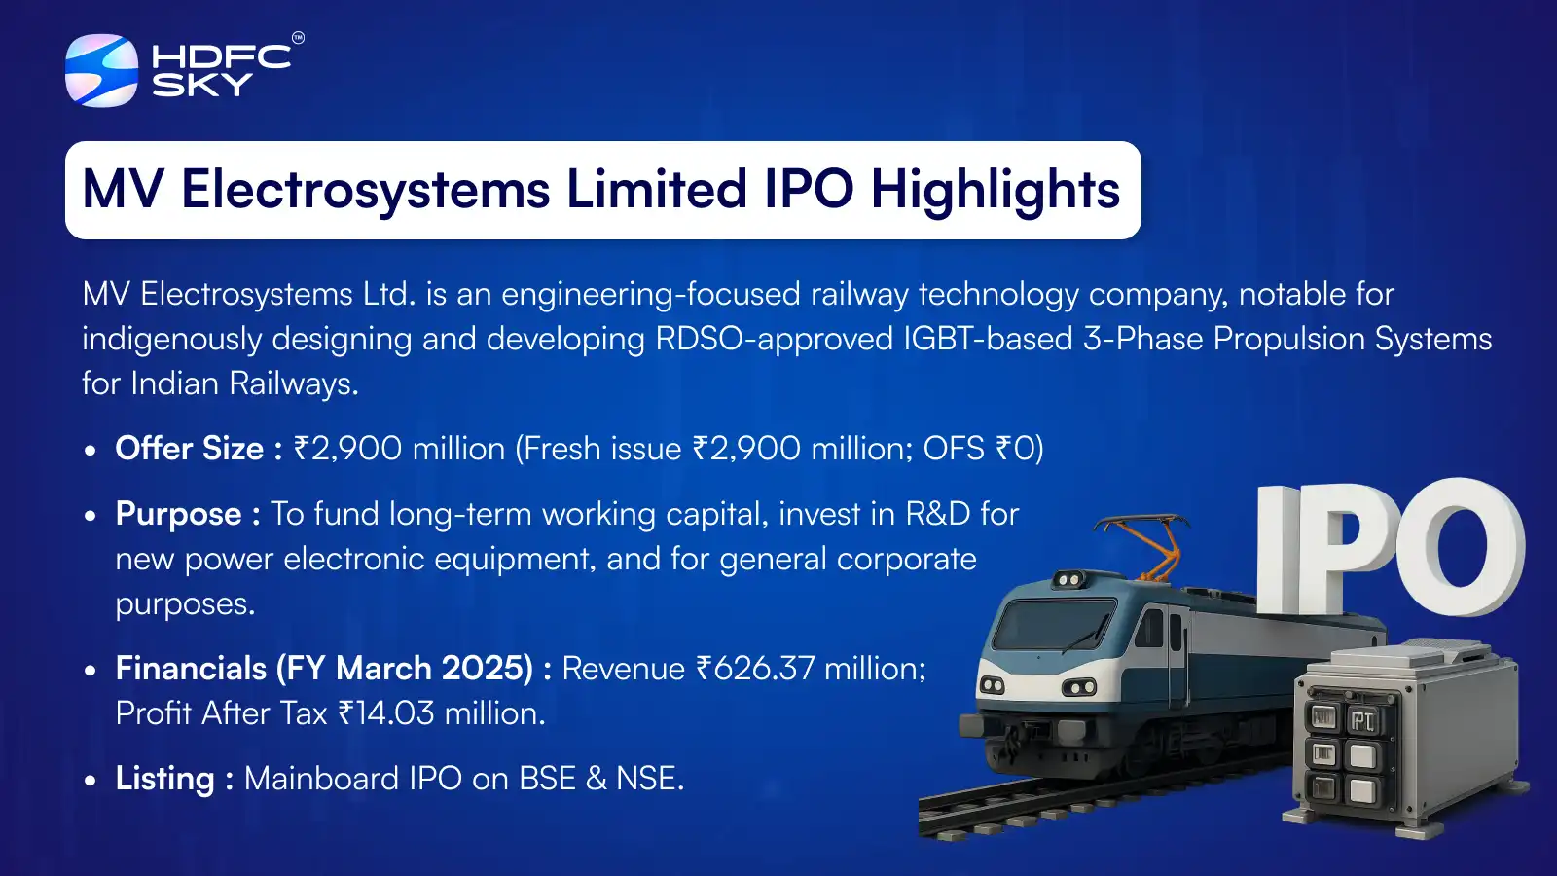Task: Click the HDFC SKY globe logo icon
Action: [101, 70]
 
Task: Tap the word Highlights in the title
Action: [995, 190]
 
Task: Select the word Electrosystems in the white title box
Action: [365, 190]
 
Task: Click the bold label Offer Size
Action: [190, 449]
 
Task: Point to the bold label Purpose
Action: [178, 514]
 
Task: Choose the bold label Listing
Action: [164, 779]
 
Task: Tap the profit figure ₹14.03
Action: [386, 713]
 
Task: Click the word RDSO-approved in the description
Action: [774, 339]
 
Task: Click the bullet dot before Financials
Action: [91, 671]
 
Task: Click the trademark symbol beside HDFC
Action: [298, 38]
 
